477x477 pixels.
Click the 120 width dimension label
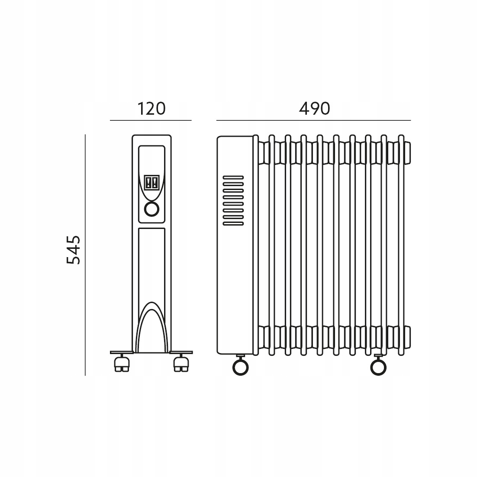pos(151,109)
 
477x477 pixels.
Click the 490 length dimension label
pos(315,109)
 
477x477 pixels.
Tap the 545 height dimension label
pos(74,250)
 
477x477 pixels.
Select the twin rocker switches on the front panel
pos(151,183)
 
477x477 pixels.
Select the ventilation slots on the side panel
pos(233,200)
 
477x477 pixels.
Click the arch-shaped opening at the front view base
pos(151,329)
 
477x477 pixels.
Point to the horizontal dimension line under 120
pos(151,120)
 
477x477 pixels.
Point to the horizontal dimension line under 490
pos(313,120)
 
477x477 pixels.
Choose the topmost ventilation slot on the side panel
pos(233,177)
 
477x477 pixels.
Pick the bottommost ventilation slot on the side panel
pos(233,224)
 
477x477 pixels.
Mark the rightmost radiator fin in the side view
pos(401,245)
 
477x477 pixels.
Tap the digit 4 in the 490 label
pos(304,109)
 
